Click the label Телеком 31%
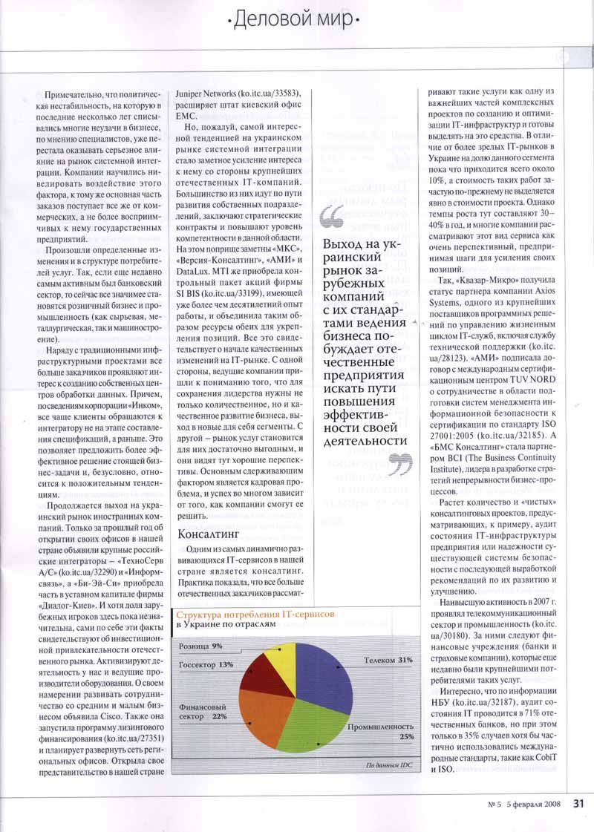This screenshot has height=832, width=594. (x=388, y=659)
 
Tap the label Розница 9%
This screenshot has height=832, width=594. (x=200, y=646)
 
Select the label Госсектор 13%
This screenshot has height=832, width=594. (x=206, y=664)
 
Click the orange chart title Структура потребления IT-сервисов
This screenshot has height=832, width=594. (x=255, y=615)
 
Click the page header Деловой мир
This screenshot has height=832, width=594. (x=296, y=22)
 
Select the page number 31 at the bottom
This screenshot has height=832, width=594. (x=579, y=802)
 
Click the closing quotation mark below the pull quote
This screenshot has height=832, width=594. (x=400, y=465)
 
